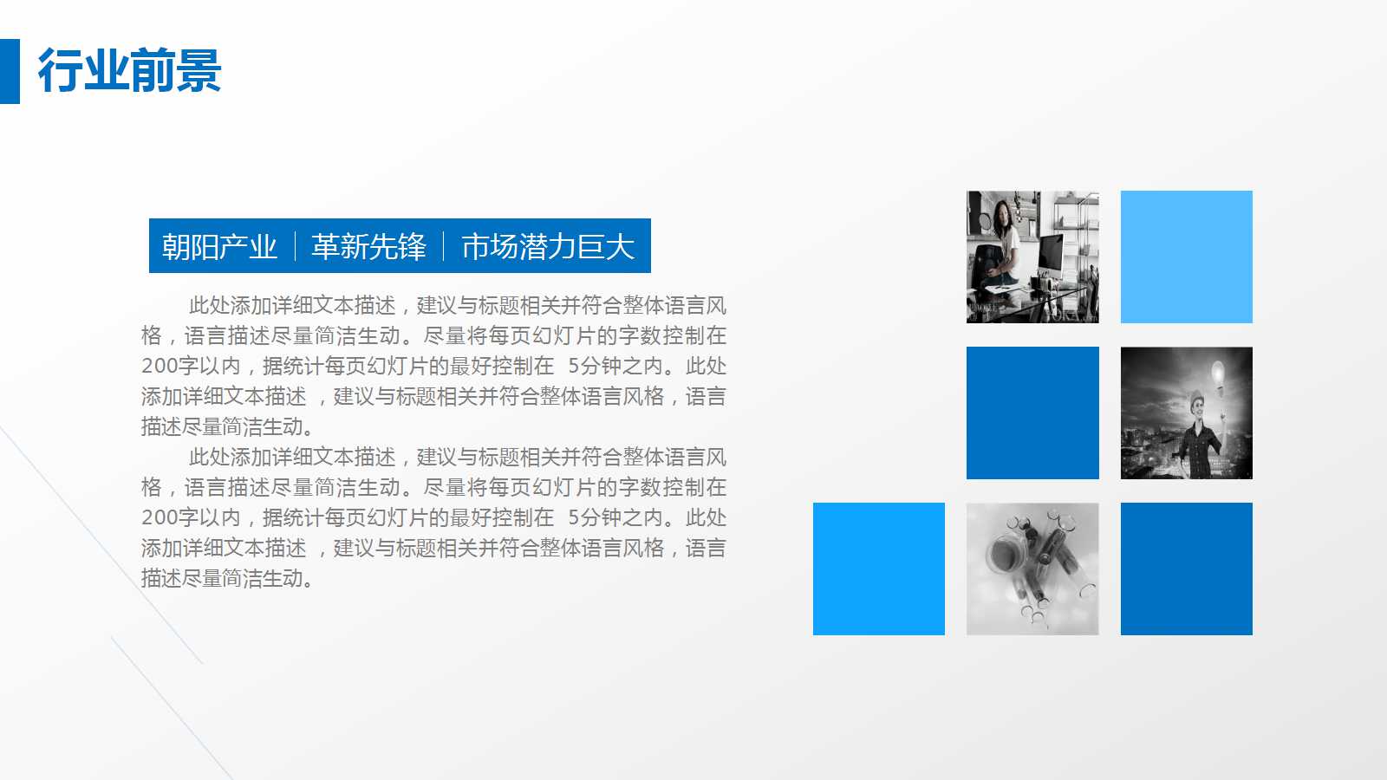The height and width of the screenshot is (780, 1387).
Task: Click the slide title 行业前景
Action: (130, 71)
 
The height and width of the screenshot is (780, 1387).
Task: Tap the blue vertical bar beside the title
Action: (10, 71)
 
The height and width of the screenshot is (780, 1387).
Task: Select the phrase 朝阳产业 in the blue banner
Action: (219, 247)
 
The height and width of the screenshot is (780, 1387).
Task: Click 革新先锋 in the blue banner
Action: (368, 247)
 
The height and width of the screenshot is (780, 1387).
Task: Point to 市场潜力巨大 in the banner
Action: (548, 247)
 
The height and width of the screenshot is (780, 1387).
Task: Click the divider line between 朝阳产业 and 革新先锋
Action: (295, 247)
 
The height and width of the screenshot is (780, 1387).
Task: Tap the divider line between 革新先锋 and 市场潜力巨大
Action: (444, 247)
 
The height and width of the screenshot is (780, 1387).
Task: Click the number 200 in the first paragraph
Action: (159, 367)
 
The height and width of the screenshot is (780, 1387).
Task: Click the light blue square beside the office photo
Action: (1186, 257)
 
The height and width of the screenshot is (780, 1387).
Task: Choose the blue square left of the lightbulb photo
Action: (1032, 413)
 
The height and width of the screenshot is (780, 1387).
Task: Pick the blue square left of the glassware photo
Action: (878, 569)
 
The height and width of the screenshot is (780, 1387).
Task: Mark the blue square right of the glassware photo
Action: (1186, 569)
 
